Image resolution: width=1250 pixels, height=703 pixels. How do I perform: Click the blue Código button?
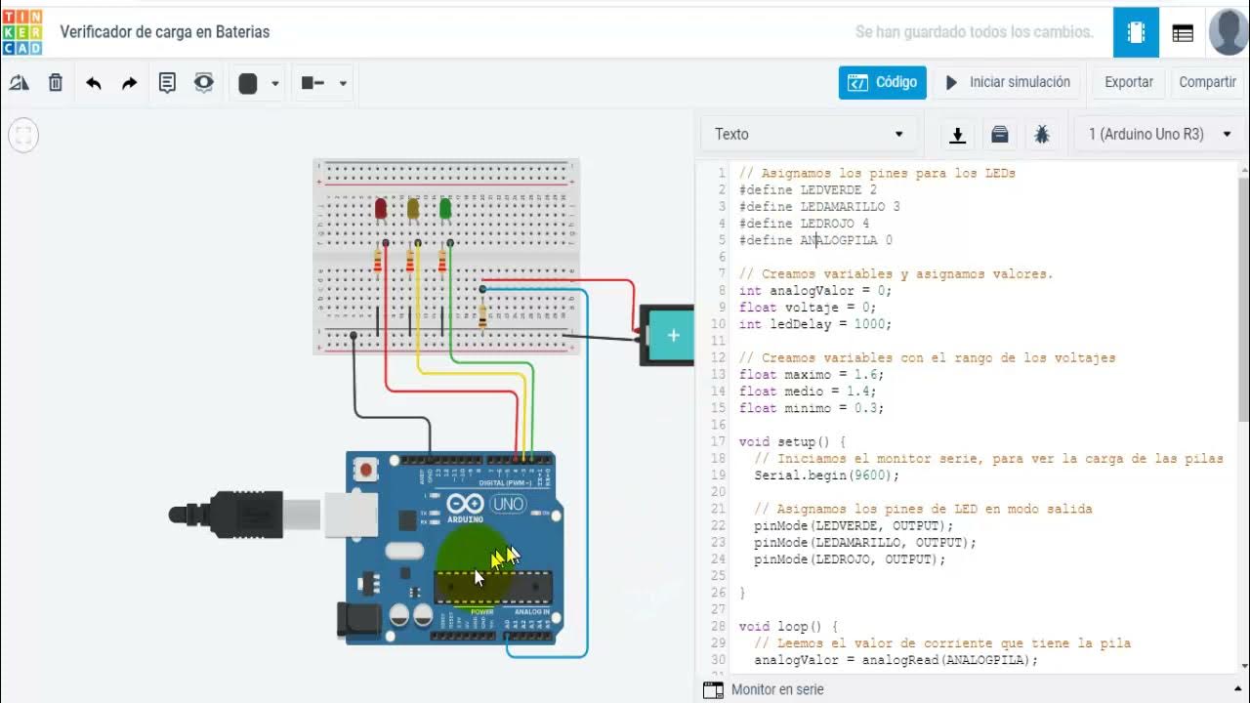[882, 82]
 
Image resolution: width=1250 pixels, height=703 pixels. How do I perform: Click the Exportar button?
[1128, 82]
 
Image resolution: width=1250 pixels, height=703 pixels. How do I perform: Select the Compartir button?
[1207, 82]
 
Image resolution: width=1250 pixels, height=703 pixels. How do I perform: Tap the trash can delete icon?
[56, 83]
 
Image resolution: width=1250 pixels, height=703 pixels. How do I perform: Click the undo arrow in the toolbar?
[94, 83]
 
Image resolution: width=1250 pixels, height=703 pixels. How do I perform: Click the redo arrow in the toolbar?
[129, 83]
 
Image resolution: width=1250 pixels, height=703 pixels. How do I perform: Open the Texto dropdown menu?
[809, 134]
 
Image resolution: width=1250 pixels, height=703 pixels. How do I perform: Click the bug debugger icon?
[1041, 135]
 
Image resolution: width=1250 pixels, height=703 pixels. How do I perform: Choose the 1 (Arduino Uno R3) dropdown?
[1159, 134]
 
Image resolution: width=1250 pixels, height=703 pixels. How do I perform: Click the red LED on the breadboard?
[381, 208]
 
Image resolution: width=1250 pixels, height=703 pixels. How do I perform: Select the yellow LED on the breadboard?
[413, 208]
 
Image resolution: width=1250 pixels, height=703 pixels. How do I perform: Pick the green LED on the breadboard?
[445, 208]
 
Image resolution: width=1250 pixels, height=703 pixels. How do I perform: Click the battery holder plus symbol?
[673, 336]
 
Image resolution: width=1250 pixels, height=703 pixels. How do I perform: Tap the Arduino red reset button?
[367, 470]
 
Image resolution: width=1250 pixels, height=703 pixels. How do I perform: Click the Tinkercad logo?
[22, 32]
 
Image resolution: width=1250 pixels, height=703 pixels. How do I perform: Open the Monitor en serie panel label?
[776, 689]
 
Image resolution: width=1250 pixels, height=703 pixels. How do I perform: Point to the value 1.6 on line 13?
[867, 374]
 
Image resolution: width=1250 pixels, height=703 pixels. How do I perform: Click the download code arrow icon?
[958, 135]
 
